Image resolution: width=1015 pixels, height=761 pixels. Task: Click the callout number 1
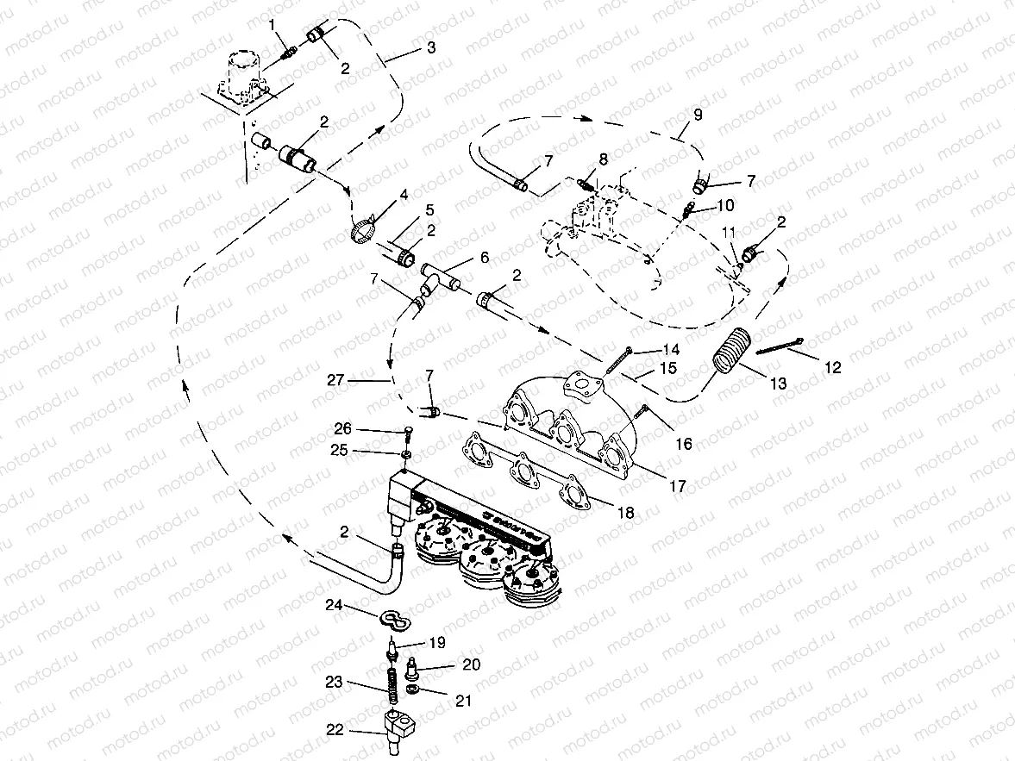pyautogui.click(x=273, y=24)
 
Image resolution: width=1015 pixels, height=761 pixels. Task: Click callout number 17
pyautogui.click(x=678, y=486)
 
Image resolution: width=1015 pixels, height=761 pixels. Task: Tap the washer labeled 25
pyautogui.click(x=405, y=454)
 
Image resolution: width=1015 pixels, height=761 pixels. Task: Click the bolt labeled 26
pyautogui.click(x=405, y=434)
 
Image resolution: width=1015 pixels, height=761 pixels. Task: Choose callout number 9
pyautogui.click(x=697, y=114)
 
